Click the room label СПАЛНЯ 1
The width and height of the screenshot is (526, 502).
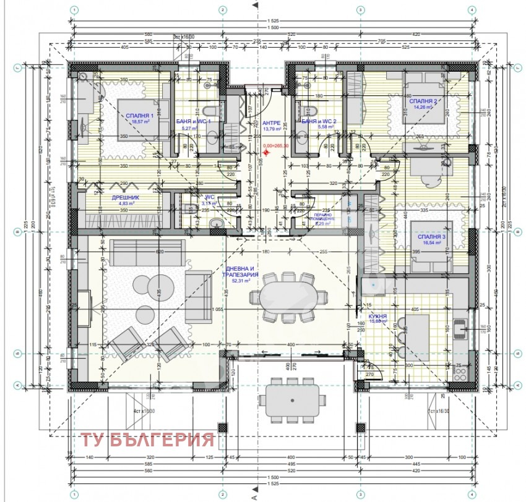pos(140,116)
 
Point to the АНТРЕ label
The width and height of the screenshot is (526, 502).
pos(272,122)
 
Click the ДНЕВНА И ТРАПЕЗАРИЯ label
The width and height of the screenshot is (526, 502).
pos(241,272)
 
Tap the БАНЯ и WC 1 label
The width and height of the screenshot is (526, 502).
pos(193,122)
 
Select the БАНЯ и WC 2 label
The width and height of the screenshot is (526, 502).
pos(319,122)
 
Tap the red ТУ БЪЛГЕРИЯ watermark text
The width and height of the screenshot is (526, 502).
pos(147,441)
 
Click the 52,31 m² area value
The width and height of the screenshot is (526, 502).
pos(241,281)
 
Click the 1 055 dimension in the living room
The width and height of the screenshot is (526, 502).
pos(217,309)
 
